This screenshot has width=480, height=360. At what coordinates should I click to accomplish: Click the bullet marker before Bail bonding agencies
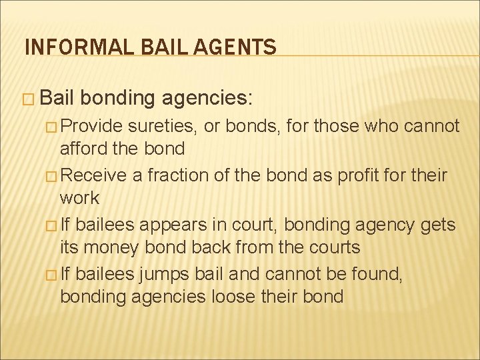click(30, 99)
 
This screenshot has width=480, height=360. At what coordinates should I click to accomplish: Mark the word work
click(79, 198)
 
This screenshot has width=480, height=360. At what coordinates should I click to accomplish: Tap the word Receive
click(93, 176)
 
